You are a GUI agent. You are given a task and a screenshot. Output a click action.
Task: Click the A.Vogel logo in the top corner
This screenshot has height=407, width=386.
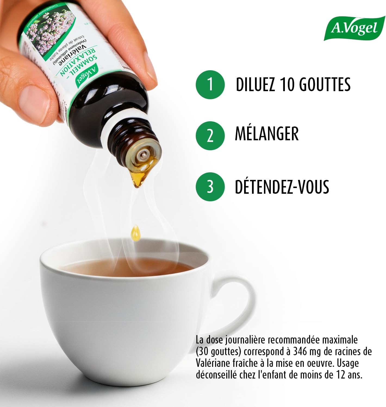tap(354, 28)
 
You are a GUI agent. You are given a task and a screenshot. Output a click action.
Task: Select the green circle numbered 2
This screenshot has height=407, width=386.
tap(210, 135)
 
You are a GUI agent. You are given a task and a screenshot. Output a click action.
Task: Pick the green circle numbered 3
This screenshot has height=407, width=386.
tap(210, 187)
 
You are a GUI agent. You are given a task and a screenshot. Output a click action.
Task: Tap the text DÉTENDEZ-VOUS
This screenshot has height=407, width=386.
tap(282, 187)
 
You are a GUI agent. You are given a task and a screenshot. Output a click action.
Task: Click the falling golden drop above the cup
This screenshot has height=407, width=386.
tap(136, 233)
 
